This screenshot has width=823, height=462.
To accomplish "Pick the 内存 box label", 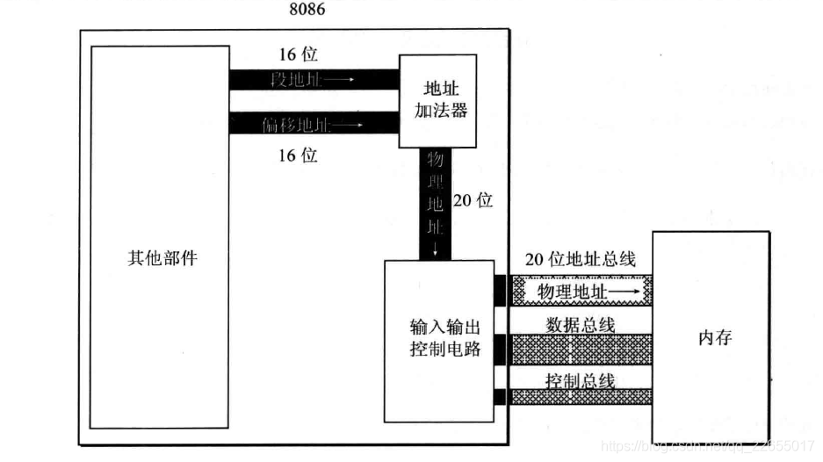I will (713, 338).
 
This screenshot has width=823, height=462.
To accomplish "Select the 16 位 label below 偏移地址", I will (298, 156).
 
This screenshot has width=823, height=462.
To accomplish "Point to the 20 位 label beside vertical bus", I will (473, 200).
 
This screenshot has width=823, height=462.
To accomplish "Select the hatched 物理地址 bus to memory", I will (580, 289).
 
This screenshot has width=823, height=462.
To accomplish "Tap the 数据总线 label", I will (581, 324).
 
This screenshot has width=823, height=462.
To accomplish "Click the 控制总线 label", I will (580, 380).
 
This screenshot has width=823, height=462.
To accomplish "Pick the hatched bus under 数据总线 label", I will (580, 349).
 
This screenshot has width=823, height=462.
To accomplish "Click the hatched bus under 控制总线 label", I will (580, 397).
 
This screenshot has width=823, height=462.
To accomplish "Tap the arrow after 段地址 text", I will (341, 80).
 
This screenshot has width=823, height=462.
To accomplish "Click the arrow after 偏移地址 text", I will (347, 125).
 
